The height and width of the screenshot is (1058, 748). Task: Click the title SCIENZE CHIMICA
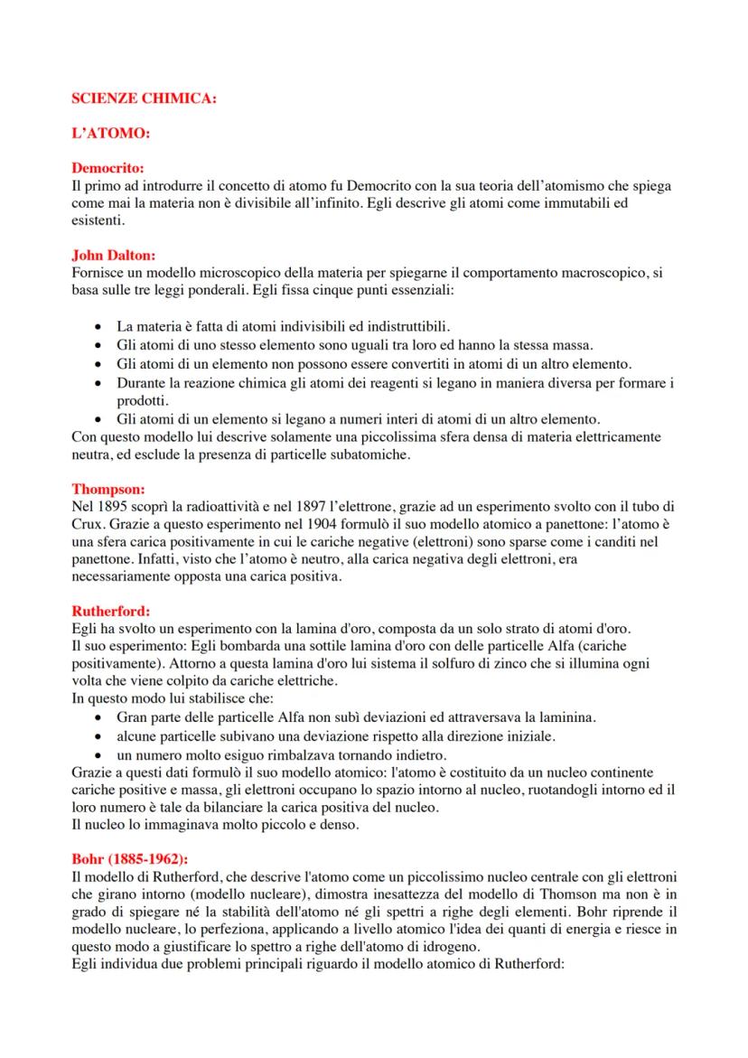[144, 98]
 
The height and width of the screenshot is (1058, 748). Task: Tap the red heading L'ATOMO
[109, 133]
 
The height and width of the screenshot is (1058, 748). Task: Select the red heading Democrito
[108, 167]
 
